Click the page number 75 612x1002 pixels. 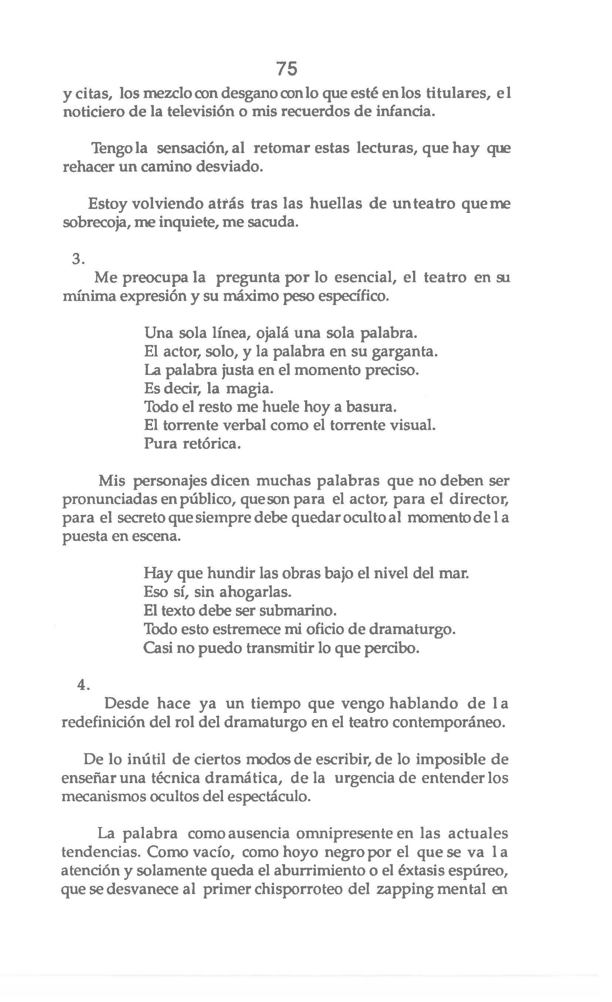(287, 68)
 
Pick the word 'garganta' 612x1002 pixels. (405, 351)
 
